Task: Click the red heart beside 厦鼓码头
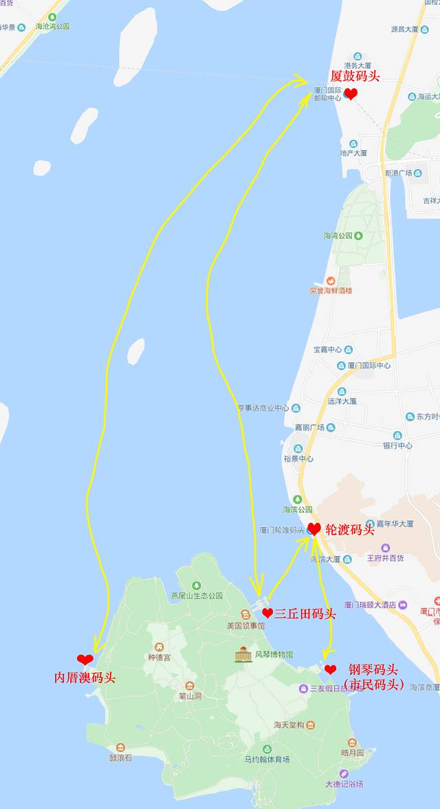pos(351,94)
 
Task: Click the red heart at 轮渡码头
pos(313,529)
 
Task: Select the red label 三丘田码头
pos(305,613)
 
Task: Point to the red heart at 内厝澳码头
pos(85,660)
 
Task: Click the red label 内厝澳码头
pos(85,678)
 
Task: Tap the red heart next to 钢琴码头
pos(331,669)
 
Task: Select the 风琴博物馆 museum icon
pos(243,654)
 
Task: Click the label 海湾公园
pos(338,235)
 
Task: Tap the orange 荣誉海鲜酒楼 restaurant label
pos(331,290)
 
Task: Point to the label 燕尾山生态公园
pos(197,595)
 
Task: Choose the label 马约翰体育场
pos(267,759)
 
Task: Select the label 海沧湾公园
pos(52,26)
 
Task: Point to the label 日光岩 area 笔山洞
pos(189,695)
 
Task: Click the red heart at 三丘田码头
pos(267,612)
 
